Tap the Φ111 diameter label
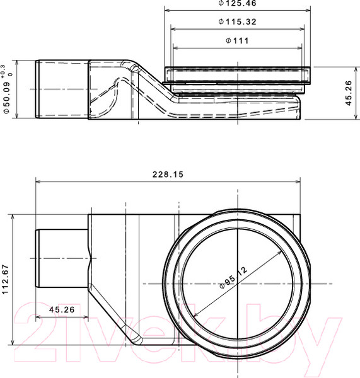(237, 42)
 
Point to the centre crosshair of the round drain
(237, 281)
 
